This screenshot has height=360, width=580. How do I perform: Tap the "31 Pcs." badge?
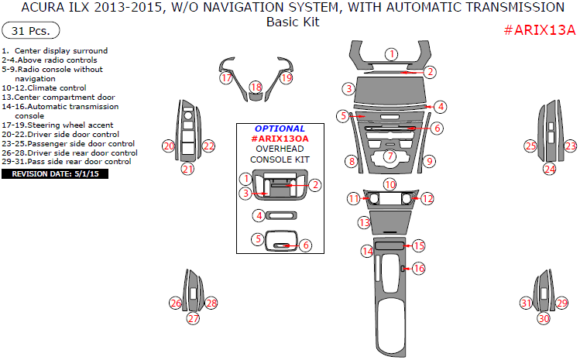(32, 32)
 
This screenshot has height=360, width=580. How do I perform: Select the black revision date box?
(55, 174)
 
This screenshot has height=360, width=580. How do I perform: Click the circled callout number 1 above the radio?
(392, 54)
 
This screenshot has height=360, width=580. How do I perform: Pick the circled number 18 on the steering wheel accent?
(256, 88)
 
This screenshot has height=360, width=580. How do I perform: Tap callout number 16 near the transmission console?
(418, 269)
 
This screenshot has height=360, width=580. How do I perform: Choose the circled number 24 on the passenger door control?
(549, 168)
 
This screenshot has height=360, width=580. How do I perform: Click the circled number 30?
(544, 318)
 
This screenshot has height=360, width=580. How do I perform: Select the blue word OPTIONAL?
(279, 129)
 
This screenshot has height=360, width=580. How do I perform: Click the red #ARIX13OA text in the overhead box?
(280, 139)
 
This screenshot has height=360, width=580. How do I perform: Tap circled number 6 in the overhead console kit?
(306, 245)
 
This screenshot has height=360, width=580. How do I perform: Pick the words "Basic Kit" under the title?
(293, 22)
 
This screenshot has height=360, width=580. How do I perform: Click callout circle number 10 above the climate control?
(390, 184)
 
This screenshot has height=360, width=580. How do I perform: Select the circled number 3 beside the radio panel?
(349, 89)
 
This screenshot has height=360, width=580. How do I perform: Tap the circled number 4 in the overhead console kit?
(261, 215)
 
